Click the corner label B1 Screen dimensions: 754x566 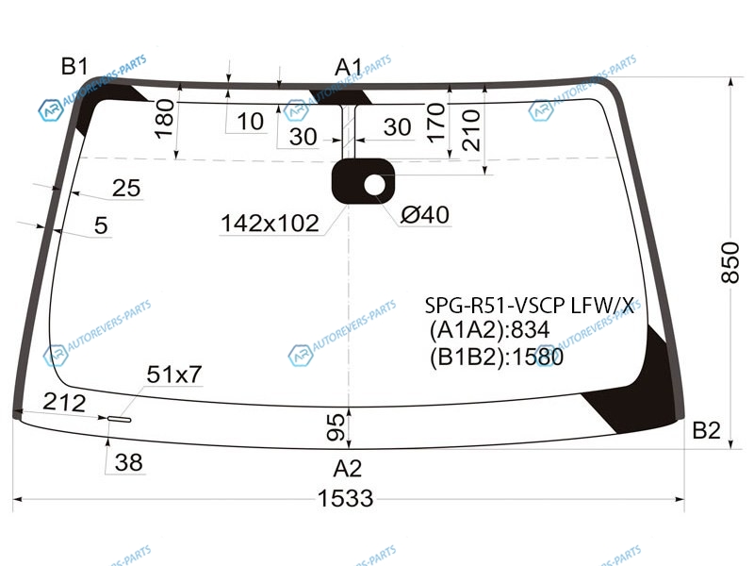[74, 66]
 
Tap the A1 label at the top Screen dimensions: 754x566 [349, 67]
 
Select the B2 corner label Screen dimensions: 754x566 [706, 430]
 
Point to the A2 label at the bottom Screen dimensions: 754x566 [348, 468]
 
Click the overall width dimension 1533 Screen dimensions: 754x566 [345, 498]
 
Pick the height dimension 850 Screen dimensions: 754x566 [729, 263]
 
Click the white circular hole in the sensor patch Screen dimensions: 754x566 [374, 185]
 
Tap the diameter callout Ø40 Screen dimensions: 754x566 [425, 215]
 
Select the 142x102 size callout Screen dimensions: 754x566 [270, 224]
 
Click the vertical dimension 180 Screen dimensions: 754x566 [164, 119]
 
